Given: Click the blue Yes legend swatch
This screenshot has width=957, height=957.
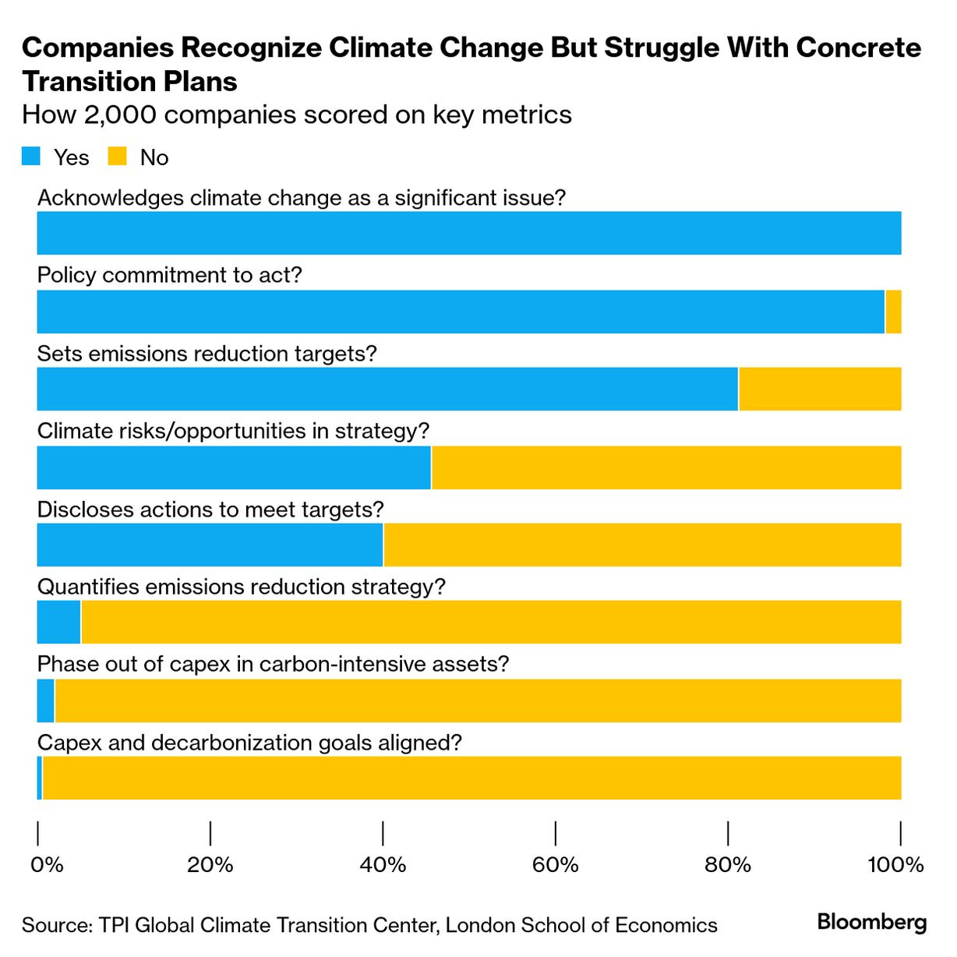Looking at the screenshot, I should pyautogui.click(x=31, y=157).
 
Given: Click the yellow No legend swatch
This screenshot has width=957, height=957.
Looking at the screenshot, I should pyautogui.click(x=118, y=157).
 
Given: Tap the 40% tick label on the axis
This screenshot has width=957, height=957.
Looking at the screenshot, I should pyautogui.click(x=383, y=865).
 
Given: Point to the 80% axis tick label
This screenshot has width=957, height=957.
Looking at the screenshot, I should pyautogui.click(x=728, y=865).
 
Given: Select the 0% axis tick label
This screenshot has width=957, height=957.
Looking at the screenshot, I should pyautogui.click(x=46, y=865).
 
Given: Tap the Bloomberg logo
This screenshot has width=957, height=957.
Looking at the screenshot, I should pyautogui.click(x=871, y=923).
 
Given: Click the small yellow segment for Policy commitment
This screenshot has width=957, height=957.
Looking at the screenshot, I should pyautogui.click(x=893, y=312).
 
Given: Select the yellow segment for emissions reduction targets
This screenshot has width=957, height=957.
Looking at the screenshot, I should pyautogui.click(x=819, y=389).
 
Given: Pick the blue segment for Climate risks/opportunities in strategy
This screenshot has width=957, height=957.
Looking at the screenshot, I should pyautogui.click(x=234, y=468).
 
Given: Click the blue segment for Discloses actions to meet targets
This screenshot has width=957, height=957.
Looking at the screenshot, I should pyautogui.click(x=210, y=545).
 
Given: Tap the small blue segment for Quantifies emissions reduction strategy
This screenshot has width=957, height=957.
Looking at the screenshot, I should pyautogui.click(x=58, y=622).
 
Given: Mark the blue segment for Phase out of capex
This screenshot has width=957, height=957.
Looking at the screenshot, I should pyautogui.click(x=45, y=701).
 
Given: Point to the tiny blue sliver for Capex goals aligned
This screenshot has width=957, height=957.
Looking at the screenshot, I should pyautogui.click(x=40, y=778).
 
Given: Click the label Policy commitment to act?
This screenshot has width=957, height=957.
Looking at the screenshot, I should pyautogui.click(x=169, y=275).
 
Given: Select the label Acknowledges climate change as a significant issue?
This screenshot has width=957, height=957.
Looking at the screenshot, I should pyautogui.click(x=301, y=198).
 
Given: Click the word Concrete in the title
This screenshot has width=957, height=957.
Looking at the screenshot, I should pyautogui.click(x=858, y=48).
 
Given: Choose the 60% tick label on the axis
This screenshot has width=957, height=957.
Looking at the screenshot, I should pyautogui.click(x=556, y=865).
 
